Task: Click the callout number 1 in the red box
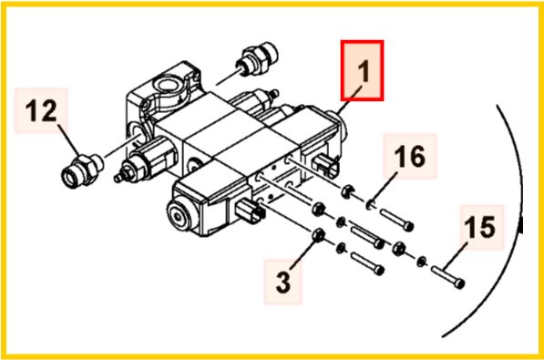point(364,71)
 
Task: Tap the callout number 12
point(41,111)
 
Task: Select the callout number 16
point(410,156)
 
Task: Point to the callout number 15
point(480,227)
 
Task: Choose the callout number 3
point(283,282)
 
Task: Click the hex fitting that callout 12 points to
point(82,170)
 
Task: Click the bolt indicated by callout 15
point(448,277)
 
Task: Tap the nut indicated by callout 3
point(318,235)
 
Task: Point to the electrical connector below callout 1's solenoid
point(326,166)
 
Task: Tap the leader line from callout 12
point(68,140)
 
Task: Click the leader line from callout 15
point(455,255)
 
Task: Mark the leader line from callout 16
point(384,188)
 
